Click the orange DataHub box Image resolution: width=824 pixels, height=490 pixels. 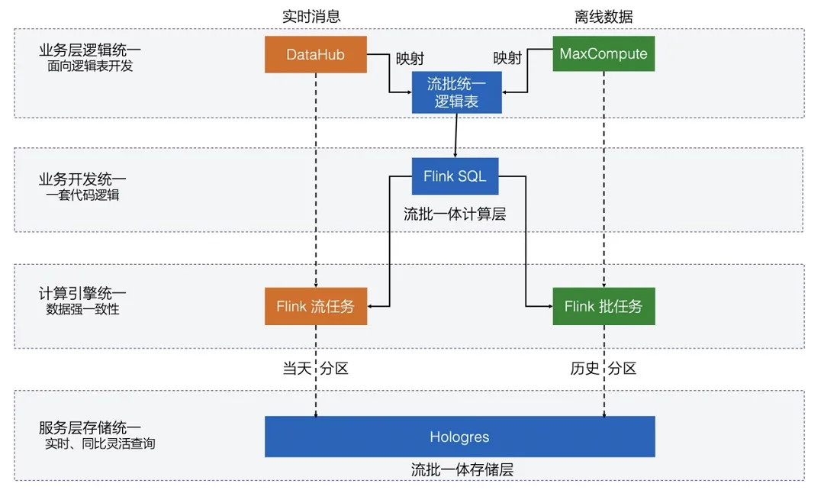(315, 54)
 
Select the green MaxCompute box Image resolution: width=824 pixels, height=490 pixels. (604, 53)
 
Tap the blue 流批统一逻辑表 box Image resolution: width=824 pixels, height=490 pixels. (456, 93)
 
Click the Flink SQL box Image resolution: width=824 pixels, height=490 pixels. (455, 176)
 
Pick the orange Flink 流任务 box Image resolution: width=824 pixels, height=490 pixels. (315, 307)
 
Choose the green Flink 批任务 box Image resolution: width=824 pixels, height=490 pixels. (604, 307)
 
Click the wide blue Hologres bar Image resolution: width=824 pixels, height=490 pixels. (459, 437)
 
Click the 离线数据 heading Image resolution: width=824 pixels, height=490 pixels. (604, 16)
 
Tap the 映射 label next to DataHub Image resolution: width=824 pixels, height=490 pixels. (410, 58)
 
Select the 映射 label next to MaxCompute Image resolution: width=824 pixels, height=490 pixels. (508, 58)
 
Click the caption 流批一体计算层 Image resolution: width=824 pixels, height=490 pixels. (455, 214)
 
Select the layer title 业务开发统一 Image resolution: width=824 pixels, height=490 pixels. (82, 179)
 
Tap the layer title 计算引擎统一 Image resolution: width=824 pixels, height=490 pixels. (82, 294)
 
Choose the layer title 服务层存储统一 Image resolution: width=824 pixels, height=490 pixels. (90, 427)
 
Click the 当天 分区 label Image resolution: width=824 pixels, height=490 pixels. (315, 369)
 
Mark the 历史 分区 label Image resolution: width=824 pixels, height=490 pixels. (603, 369)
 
